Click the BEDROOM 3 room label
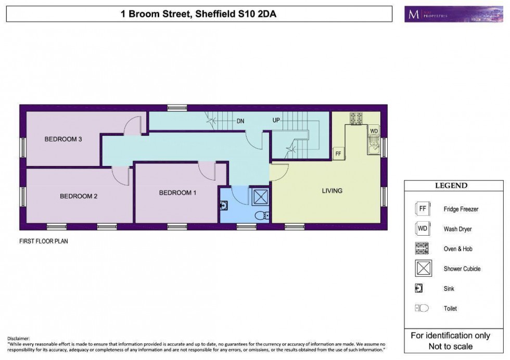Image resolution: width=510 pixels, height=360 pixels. point(63,139)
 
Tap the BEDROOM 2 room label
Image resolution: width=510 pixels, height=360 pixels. point(79,196)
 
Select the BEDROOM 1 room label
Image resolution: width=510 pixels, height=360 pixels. point(177,192)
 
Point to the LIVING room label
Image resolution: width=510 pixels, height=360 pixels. point(332,190)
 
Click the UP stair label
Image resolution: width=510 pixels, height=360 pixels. point(277,120)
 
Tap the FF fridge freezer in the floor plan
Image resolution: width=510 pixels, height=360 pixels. point(338,153)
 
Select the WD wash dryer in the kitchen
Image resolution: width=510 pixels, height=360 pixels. point(374,131)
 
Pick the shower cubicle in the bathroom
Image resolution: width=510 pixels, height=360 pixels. point(260,197)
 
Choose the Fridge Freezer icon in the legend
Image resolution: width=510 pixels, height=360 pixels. point(422,209)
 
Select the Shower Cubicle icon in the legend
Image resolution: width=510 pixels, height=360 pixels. point(422,268)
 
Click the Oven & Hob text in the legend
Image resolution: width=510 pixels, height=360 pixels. point(458,249)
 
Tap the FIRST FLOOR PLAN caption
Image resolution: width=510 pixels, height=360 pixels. point(44,241)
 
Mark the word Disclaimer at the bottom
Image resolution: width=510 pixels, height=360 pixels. point(20,339)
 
